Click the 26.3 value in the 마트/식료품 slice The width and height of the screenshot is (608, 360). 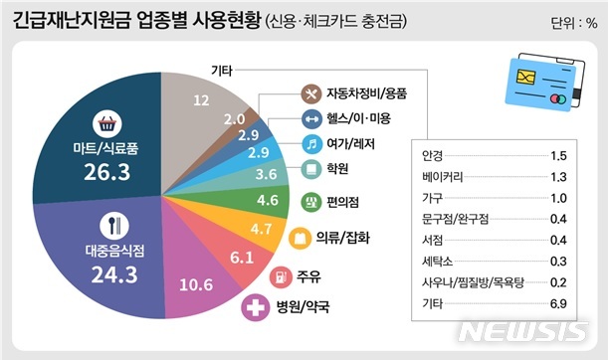click(x=106, y=173)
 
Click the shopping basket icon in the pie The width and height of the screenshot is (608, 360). click(x=105, y=125)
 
